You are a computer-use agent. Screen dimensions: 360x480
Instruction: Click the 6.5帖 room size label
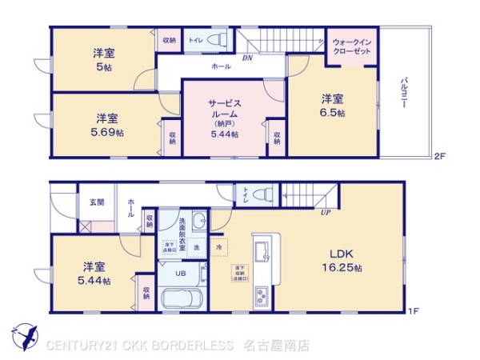(334, 114)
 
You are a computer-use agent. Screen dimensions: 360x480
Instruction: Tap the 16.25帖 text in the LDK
(346, 269)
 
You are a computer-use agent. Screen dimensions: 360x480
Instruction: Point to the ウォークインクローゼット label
(351, 46)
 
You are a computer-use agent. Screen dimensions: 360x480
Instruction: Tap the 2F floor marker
(438, 155)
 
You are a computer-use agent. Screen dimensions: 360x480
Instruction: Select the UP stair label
(326, 214)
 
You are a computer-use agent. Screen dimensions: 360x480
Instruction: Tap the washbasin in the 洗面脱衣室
(199, 222)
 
